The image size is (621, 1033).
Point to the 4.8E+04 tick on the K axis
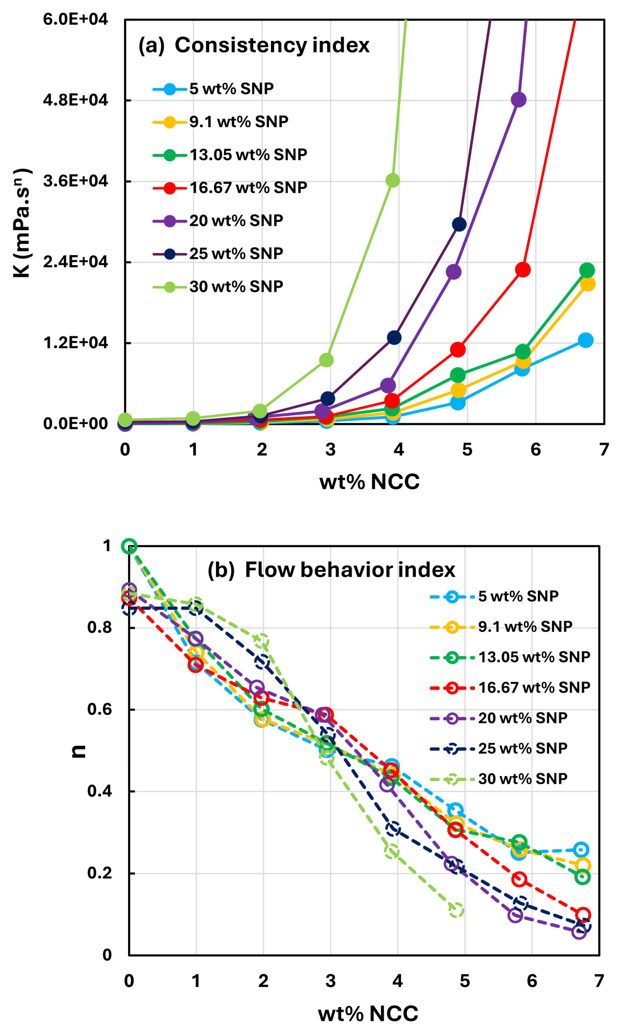[75, 100]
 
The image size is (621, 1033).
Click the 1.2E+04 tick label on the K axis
[75, 343]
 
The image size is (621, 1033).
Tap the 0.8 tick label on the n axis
[100, 627]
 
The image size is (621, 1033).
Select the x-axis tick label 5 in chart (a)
[467, 450]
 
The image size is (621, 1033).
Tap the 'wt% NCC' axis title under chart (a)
[369, 482]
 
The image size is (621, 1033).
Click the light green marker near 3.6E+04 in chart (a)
[392, 181]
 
